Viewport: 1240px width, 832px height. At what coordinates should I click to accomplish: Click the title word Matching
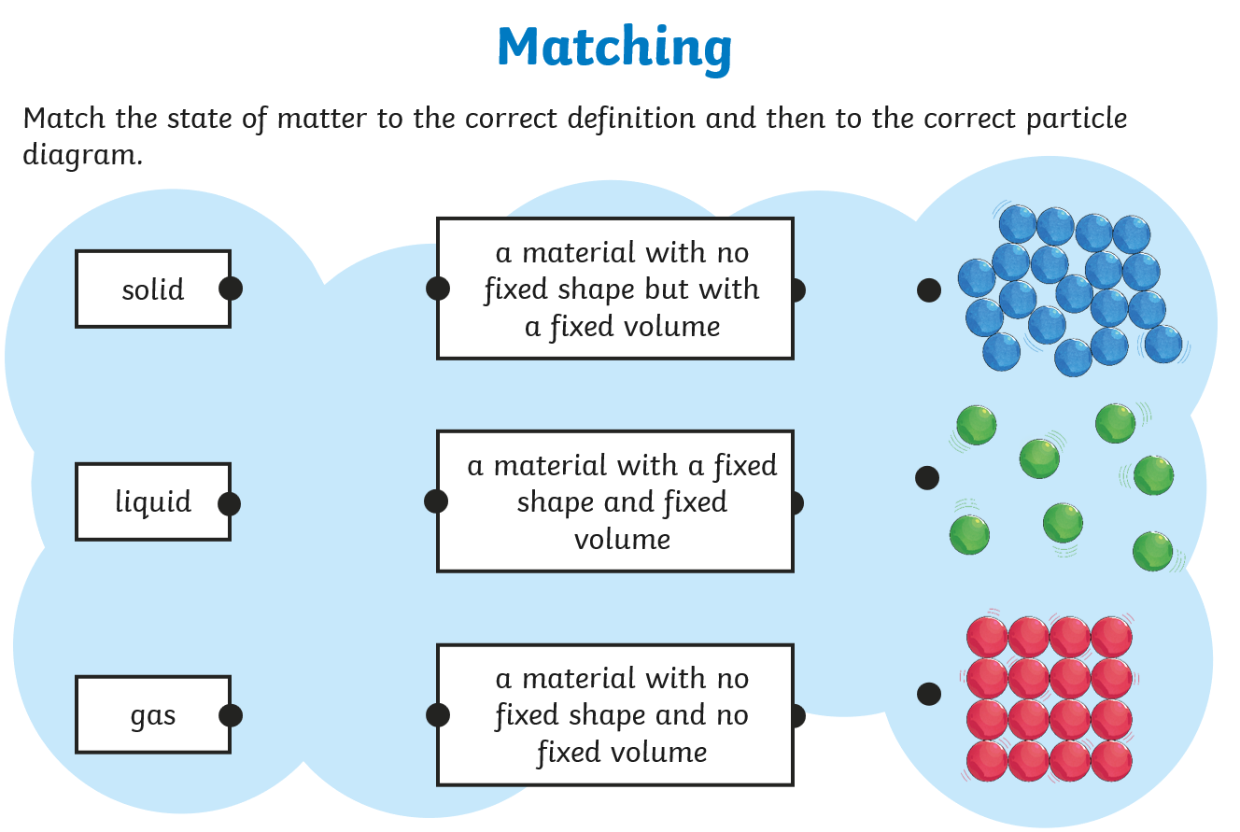[x=614, y=47]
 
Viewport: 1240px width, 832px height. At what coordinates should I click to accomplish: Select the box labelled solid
[x=153, y=289]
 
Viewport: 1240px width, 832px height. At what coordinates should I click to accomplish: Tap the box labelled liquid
[x=153, y=502]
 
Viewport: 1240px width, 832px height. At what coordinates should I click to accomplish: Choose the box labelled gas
[x=153, y=715]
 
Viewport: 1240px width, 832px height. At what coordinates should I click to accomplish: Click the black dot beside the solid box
[x=231, y=289]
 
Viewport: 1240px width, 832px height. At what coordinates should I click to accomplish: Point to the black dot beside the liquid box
[x=230, y=504]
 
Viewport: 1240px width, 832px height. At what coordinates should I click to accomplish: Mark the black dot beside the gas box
[x=231, y=716]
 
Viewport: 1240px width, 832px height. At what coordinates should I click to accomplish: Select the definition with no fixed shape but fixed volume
[x=615, y=289]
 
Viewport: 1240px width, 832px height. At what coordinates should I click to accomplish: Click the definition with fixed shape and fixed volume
[x=615, y=502]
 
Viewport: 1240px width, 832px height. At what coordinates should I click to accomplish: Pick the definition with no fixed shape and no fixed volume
[x=615, y=715]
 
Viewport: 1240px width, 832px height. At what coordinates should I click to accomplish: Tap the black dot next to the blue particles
[x=929, y=290]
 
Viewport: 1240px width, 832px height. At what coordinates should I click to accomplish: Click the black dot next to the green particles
[x=927, y=478]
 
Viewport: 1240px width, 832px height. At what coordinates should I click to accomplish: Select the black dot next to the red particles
[x=929, y=694]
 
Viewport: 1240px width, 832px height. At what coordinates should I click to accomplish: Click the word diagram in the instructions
[x=81, y=155]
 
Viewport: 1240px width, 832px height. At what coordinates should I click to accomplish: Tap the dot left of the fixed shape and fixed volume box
[x=436, y=502]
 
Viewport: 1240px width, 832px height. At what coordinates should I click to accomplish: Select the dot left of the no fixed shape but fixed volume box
[x=438, y=289]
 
